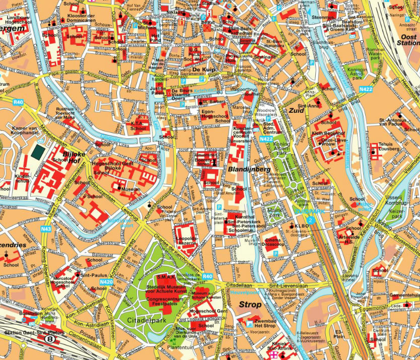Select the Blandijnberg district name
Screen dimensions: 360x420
(249, 170)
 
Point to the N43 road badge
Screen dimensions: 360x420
(46, 229)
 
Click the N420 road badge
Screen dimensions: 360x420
(106, 282)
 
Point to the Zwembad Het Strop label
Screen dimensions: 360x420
(265, 323)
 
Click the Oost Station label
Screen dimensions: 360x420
(408, 40)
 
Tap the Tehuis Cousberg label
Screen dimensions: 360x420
(388, 147)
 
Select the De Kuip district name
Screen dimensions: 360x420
(203, 69)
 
